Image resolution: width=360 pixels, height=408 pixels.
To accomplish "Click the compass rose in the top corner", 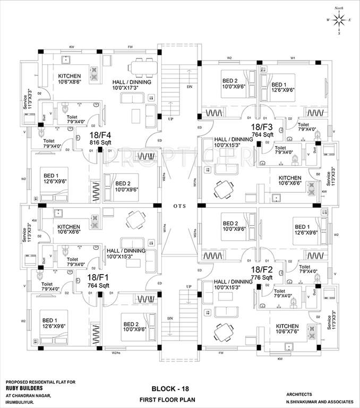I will (x=339, y=20).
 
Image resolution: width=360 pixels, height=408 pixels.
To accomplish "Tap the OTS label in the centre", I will (x=179, y=205).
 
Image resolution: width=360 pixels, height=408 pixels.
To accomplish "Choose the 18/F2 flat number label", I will (x=262, y=270).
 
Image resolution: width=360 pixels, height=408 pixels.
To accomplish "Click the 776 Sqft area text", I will (x=262, y=278).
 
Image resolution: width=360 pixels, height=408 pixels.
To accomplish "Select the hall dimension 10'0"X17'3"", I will (x=132, y=89).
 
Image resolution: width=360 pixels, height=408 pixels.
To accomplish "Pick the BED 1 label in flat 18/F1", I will (x=50, y=320).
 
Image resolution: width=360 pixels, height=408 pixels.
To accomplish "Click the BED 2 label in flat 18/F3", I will (x=233, y=81).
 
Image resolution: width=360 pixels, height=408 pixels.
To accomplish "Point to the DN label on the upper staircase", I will (x=190, y=87).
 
